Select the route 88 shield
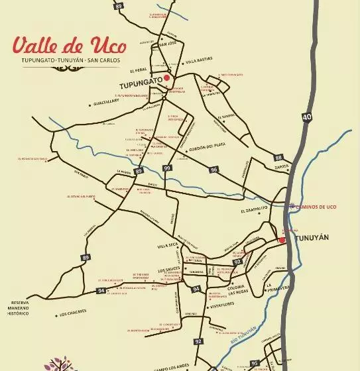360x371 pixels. point(278,158)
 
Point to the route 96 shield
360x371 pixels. point(214,170)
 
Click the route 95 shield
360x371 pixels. point(255,363)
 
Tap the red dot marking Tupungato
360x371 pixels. point(167,78)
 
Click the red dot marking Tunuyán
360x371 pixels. point(282,240)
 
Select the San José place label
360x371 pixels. point(168,44)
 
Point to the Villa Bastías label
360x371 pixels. point(200,60)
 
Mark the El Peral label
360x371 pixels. point(139,70)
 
